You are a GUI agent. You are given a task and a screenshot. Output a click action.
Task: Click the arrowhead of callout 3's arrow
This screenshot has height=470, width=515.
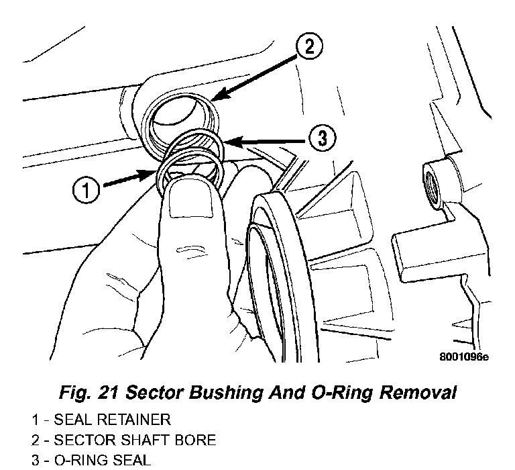pos(223,142)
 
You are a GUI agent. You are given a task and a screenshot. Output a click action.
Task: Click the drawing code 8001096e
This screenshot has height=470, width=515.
pos(463,357)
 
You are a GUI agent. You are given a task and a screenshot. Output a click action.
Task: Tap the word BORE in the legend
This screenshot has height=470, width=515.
pos(196,440)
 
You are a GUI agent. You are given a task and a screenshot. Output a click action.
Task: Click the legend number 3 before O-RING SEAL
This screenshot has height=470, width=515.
pos(35,461)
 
